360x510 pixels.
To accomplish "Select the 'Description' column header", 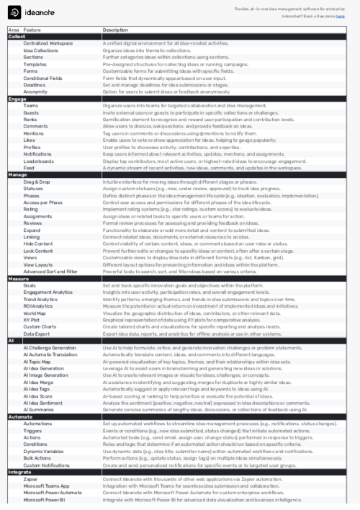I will click(115, 30).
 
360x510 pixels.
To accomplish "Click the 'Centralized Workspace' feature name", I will click(48, 43).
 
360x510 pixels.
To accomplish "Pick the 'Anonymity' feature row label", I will click(35, 91).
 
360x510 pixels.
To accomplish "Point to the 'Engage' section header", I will click(17, 98).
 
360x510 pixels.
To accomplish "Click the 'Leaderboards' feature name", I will click(38, 161).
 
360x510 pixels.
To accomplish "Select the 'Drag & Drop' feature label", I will click(37, 181).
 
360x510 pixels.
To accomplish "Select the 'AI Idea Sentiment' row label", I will click(44, 402).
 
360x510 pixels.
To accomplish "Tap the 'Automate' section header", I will click(20, 416).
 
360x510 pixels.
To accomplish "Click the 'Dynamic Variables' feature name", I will click(43, 451).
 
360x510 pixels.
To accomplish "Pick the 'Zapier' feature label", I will click(30, 478).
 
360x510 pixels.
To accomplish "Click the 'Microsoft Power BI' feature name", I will click(45, 499).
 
